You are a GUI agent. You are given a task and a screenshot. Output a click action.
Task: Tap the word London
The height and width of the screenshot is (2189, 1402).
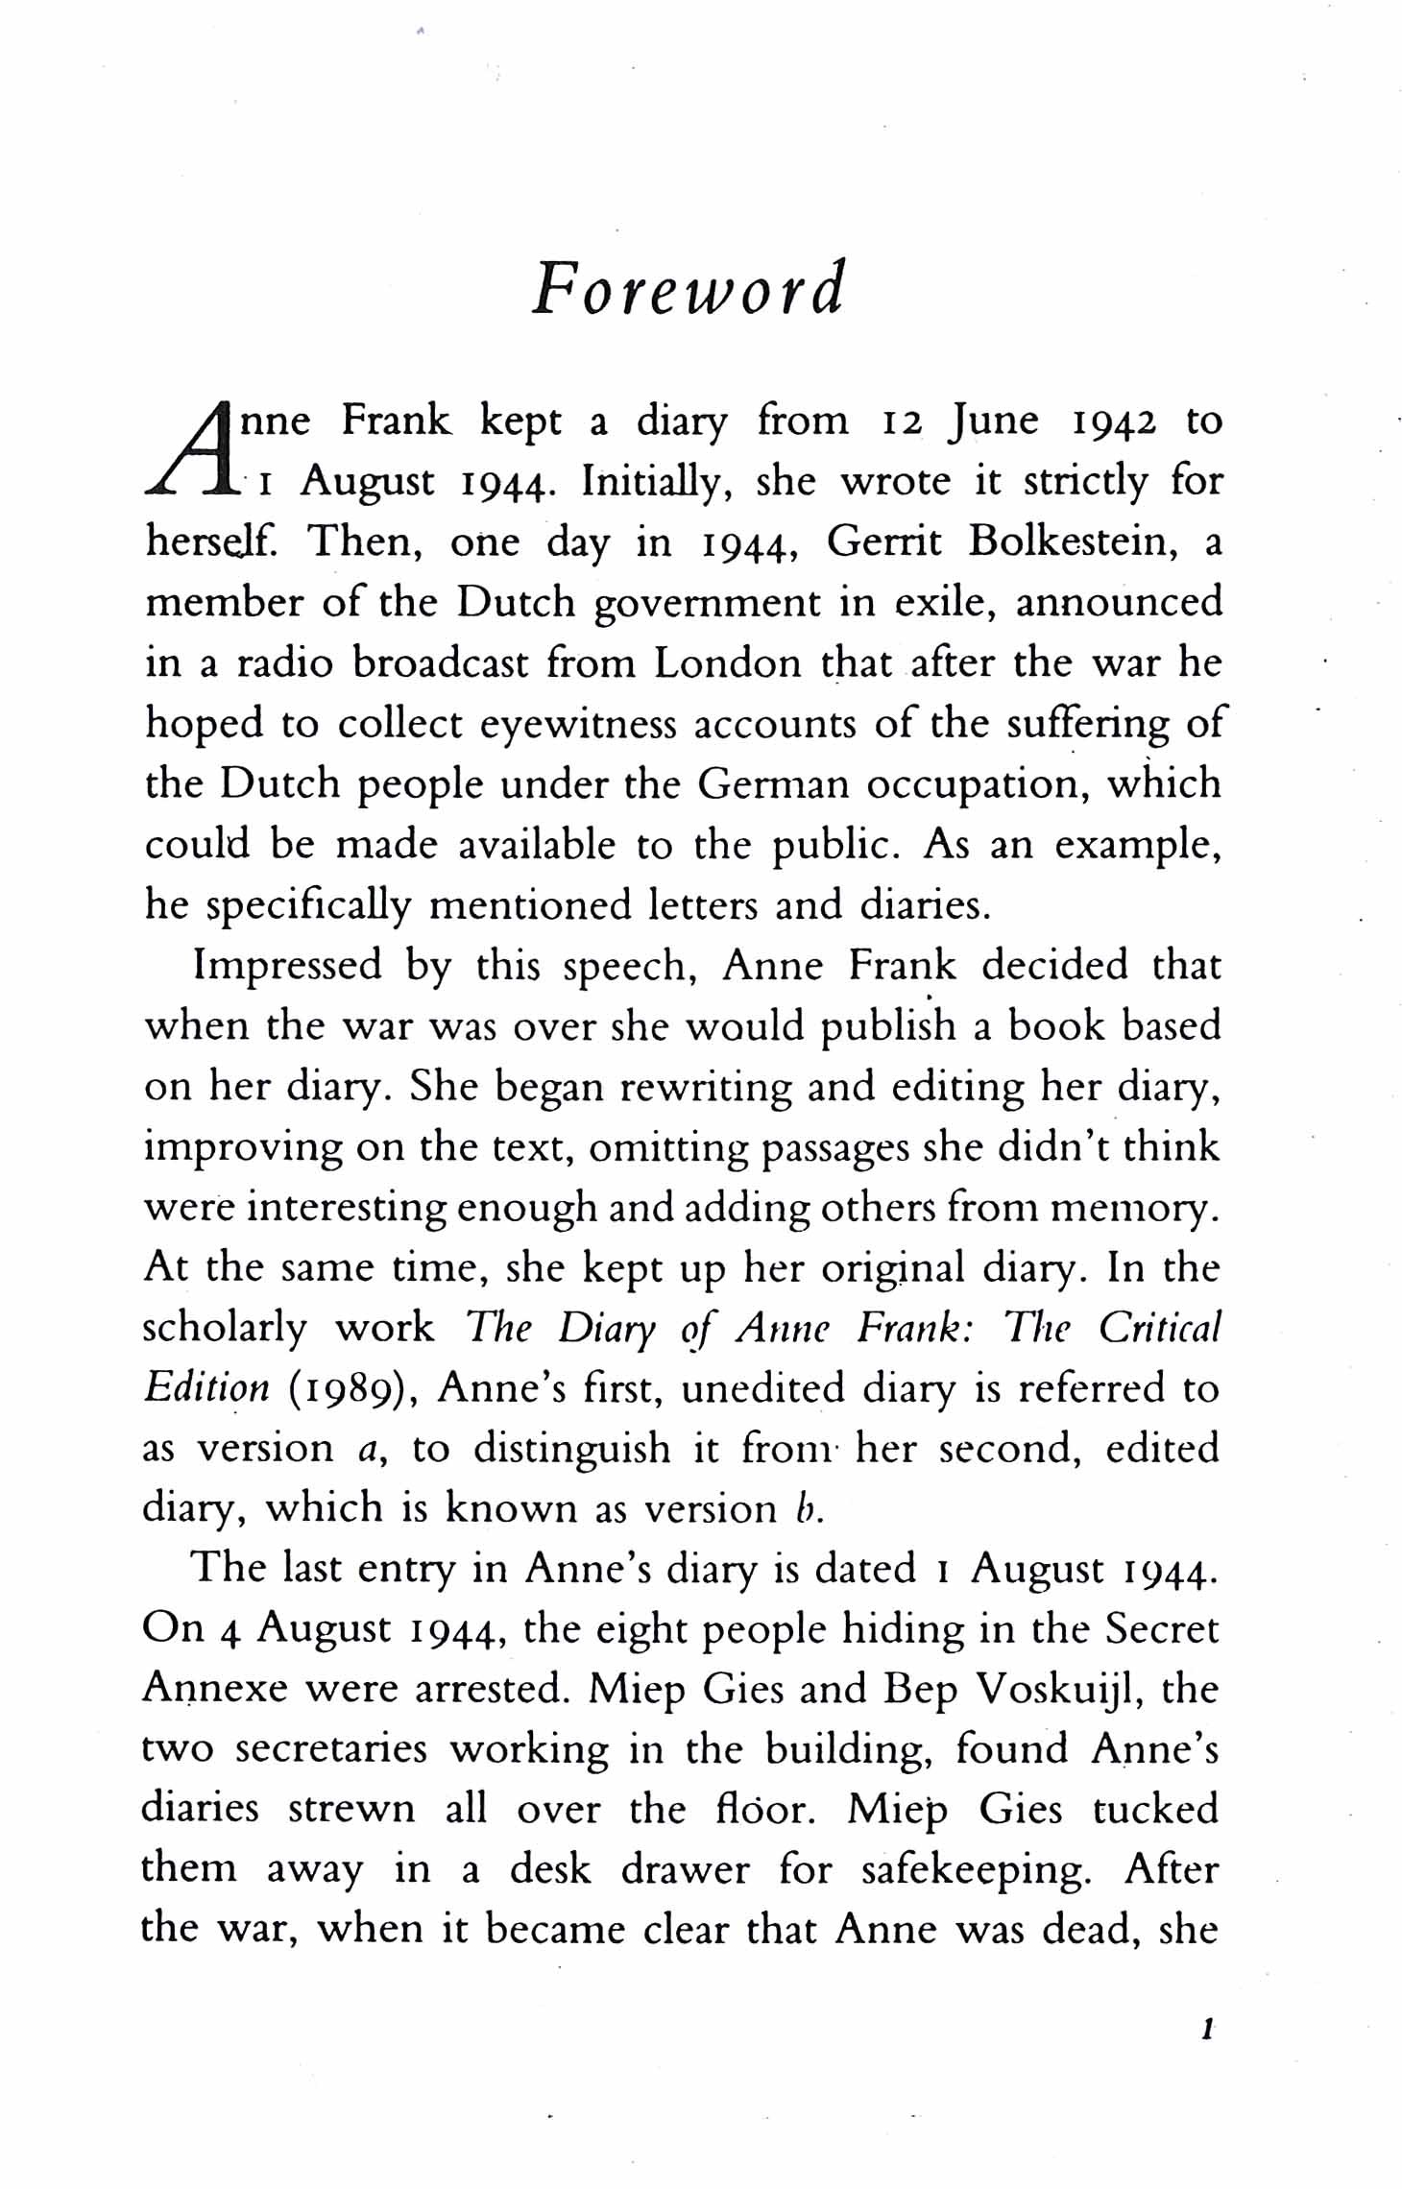[x=728, y=663]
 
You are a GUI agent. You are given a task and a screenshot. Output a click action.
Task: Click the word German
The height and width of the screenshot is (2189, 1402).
[x=773, y=784]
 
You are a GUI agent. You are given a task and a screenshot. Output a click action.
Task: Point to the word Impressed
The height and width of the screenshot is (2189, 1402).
[x=288, y=966]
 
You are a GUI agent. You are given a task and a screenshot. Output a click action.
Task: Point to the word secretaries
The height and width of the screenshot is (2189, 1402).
[x=331, y=1749]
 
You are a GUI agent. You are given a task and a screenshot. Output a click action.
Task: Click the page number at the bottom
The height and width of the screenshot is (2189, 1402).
[x=1208, y=2031]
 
